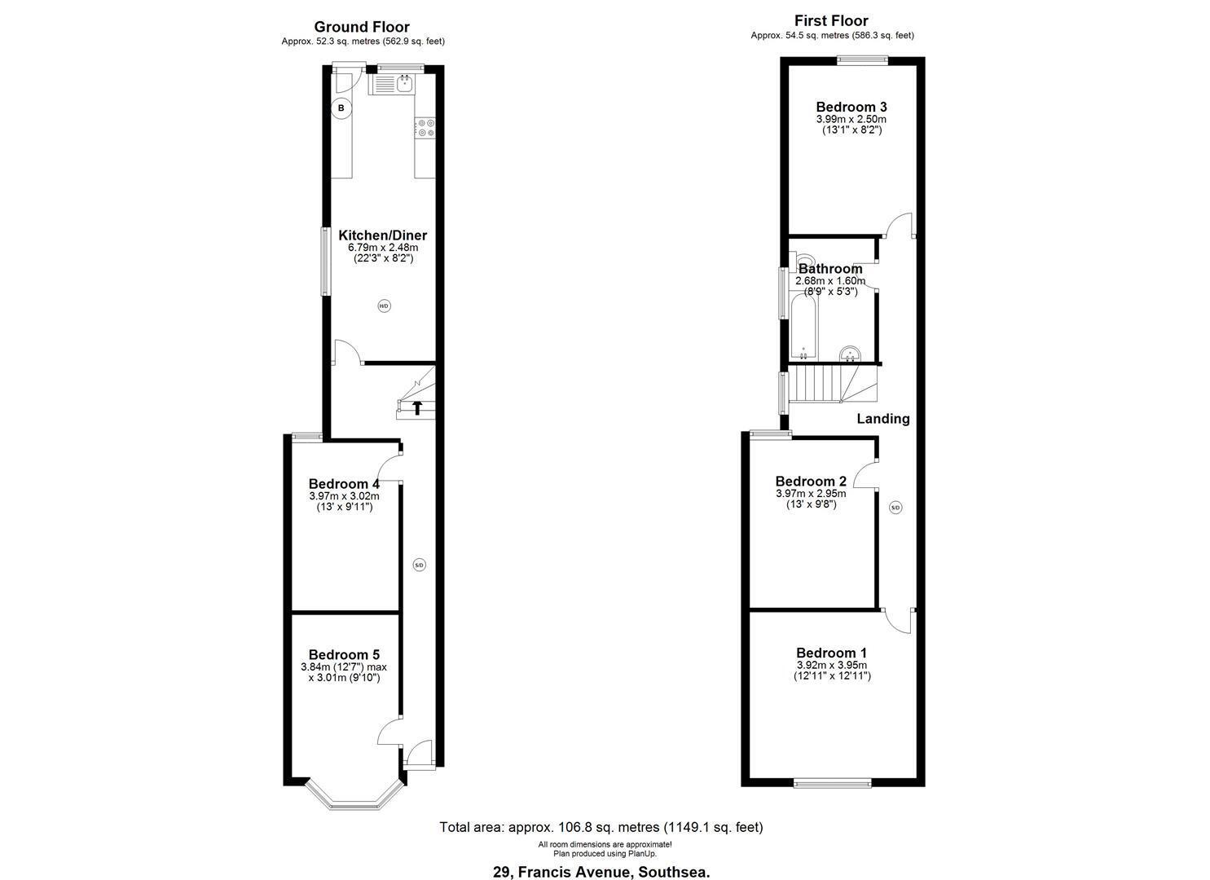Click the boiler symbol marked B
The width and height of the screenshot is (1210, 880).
click(x=341, y=108)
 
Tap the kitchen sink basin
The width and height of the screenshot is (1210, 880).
click(x=404, y=84)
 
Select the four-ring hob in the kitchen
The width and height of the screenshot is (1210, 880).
click(x=425, y=127)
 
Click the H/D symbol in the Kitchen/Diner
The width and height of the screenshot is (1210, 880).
click(x=384, y=306)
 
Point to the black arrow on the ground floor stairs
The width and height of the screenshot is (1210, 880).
click(x=417, y=407)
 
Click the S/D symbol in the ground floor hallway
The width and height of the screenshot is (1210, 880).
click(x=419, y=565)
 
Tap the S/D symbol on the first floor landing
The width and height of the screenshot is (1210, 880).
click(x=895, y=508)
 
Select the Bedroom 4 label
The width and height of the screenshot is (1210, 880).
click(x=344, y=483)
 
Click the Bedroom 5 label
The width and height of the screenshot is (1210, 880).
click(x=344, y=655)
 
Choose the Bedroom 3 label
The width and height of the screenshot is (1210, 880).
click(x=851, y=107)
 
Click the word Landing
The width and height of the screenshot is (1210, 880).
click(x=883, y=419)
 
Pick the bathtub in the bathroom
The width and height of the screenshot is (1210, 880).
click(x=804, y=327)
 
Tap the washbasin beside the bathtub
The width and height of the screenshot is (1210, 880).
click(x=850, y=353)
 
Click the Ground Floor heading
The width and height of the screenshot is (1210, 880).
click(x=362, y=26)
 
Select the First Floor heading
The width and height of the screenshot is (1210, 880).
click(x=831, y=20)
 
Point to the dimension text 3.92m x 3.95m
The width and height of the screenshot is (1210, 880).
click(x=832, y=665)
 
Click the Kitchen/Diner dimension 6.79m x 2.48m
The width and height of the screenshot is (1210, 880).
click(x=383, y=248)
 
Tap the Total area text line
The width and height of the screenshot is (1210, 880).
click(x=601, y=827)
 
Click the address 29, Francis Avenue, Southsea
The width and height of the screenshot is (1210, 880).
click(x=601, y=872)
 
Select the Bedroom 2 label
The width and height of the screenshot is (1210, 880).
click(x=811, y=481)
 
